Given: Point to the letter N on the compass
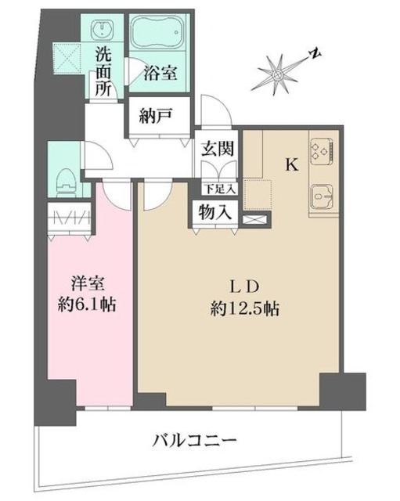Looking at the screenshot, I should (x=313, y=53).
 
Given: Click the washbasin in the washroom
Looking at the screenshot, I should (x=102, y=29).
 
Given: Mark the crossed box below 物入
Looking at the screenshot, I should (x=254, y=220).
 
